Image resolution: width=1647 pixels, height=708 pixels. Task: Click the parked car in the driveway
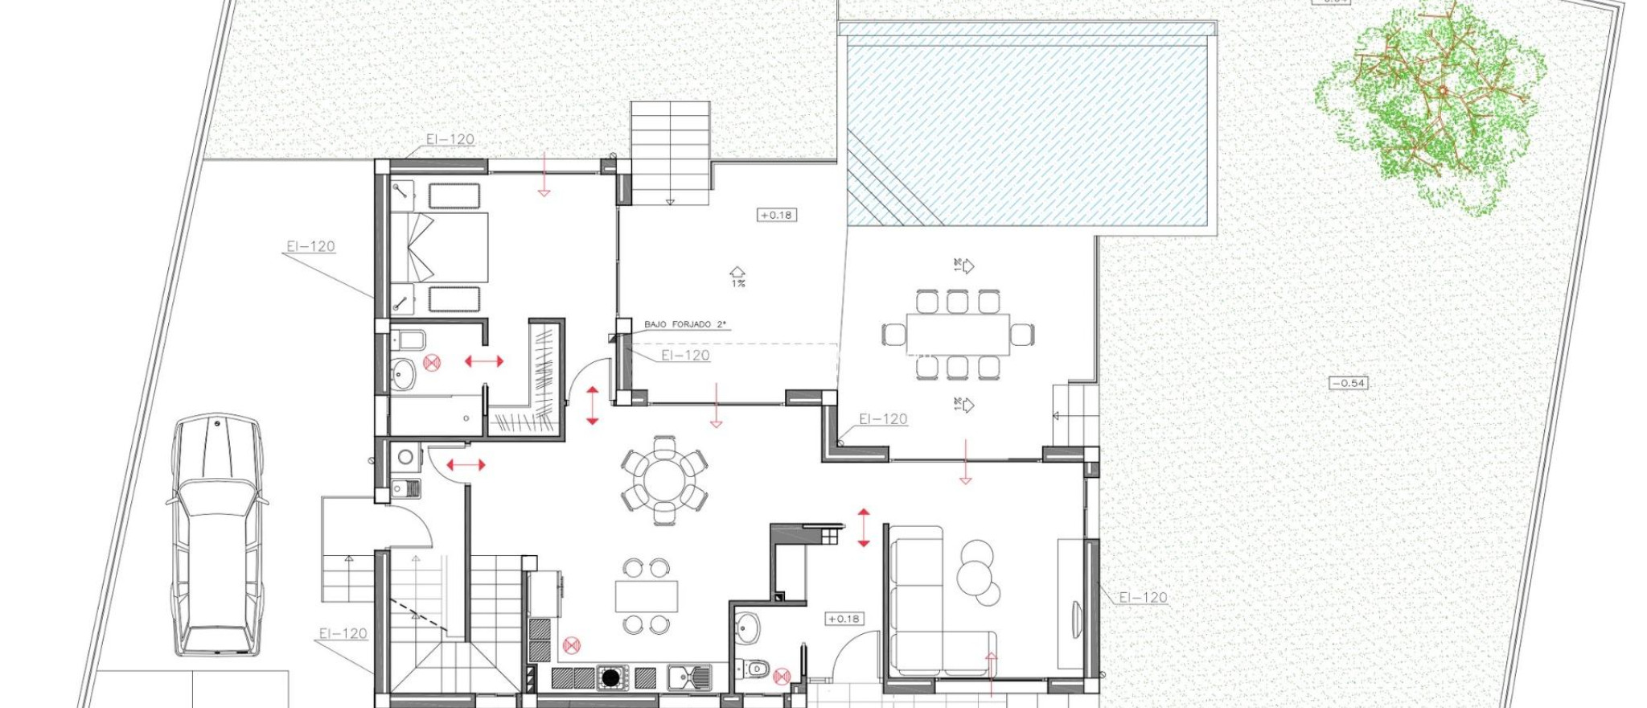216,535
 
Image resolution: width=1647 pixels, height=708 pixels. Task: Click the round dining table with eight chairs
664,481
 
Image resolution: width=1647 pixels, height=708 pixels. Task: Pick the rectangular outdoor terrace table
957,334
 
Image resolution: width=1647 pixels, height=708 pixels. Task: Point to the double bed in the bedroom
440,247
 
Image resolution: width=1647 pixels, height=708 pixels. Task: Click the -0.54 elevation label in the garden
1348,383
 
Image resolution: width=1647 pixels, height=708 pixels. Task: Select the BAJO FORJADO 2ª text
684,324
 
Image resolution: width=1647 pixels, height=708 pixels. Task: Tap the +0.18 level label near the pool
776,215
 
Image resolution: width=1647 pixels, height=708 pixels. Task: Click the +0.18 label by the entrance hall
844,619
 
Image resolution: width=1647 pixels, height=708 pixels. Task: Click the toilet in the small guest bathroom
756,669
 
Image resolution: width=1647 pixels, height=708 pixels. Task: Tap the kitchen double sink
689,677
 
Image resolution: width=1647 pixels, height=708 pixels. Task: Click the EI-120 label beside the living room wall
1143,597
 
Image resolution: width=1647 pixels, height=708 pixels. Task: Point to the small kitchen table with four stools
646,596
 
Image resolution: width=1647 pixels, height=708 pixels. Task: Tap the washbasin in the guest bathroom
747,628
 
